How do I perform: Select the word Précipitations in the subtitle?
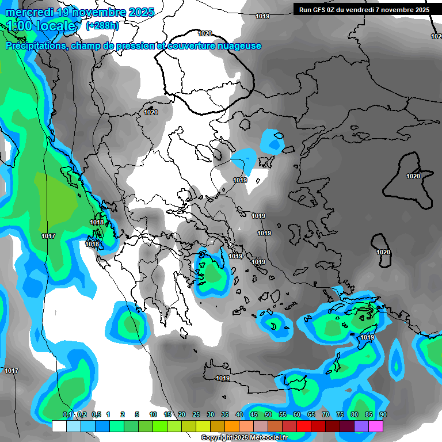click(x=36, y=46)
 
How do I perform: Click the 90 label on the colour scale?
click(x=383, y=414)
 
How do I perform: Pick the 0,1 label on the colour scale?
click(x=67, y=414)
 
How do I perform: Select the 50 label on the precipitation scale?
click(x=268, y=414)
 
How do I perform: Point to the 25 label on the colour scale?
click(x=196, y=414)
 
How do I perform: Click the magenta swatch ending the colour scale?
click(x=376, y=426)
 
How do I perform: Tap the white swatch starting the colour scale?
click(x=59, y=426)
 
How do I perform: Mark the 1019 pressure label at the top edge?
click(x=262, y=17)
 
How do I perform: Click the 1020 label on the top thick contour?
click(x=205, y=33)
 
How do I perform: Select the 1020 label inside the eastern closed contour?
click(x=413, y=176)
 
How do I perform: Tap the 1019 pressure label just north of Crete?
click(x=223, y=378)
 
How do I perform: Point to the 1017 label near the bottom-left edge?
click(x=12, y=371)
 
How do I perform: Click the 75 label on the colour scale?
click(x=340, y=414)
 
